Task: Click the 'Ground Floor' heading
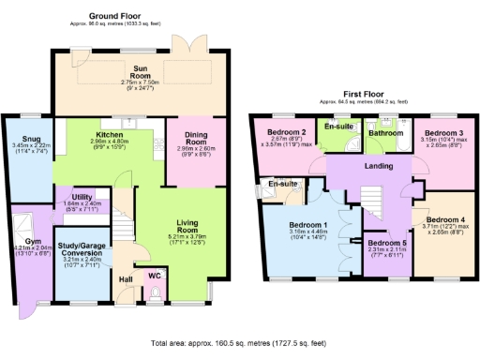(x=116, y=17)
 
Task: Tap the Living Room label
(x=196, y=225)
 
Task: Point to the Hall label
(x=126, y=278)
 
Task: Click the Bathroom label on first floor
(x=384, y=134)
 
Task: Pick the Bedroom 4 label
(x=447, y=220)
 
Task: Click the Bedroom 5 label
(x=386, y=243)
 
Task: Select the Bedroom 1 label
(x=307, y=225)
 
